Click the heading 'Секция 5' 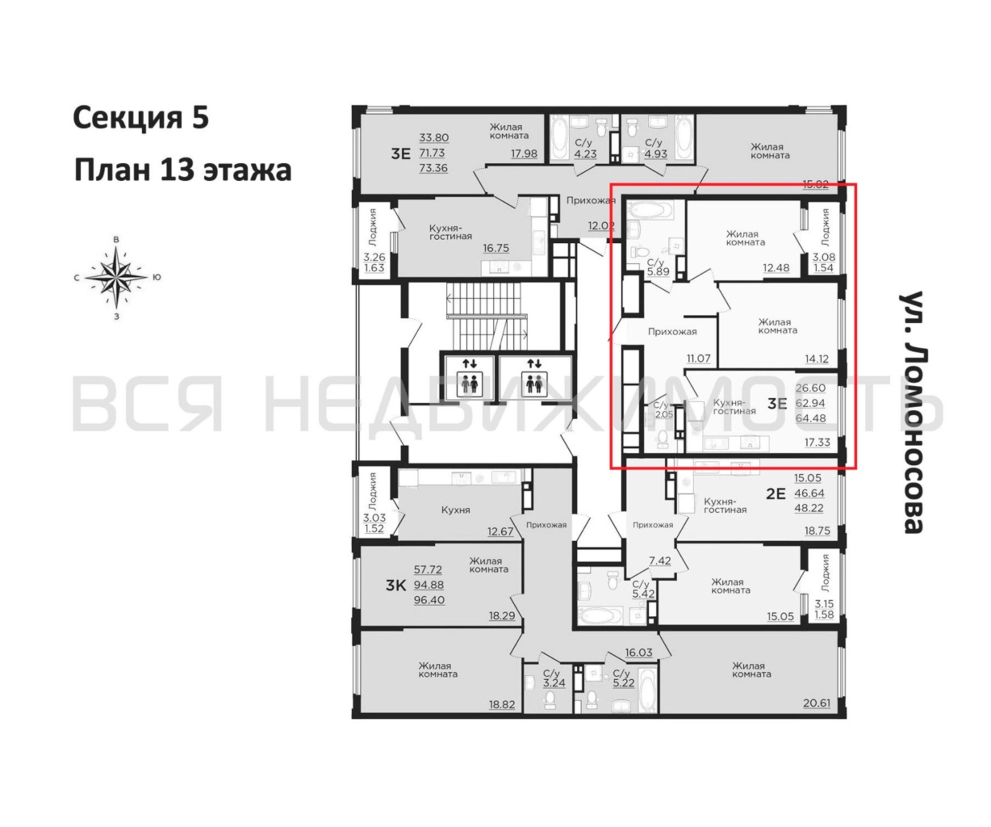[141, 118]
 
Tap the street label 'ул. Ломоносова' [911, 412]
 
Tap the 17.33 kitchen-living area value [817, 442]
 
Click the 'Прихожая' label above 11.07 [672, 332]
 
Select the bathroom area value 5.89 [658, 272]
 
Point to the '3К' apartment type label [396, 586]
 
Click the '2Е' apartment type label [775, 494]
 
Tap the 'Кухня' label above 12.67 [455, 510]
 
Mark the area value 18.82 [502, 705]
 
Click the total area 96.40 [429, 600]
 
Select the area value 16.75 [496, 248]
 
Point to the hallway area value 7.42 [660, 561]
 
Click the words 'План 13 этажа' [183, 170]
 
